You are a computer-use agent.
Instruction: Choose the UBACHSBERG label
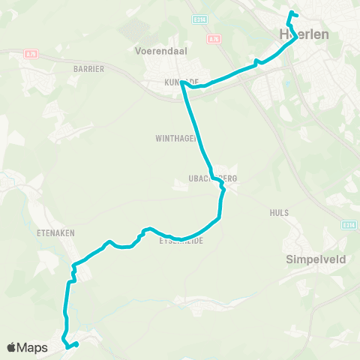click(213, 178)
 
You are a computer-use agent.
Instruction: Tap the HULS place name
click(278, 213)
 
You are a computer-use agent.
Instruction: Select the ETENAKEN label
click(56, 233)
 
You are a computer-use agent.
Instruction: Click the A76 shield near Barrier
click(31, 53)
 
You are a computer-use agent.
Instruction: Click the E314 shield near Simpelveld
click(348, 225)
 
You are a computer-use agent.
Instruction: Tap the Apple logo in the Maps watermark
click(13, 347)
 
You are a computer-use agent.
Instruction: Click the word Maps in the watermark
click(34, 348)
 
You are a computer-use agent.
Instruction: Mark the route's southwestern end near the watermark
click(77, 344)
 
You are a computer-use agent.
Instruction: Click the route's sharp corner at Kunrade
click(182, 84)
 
